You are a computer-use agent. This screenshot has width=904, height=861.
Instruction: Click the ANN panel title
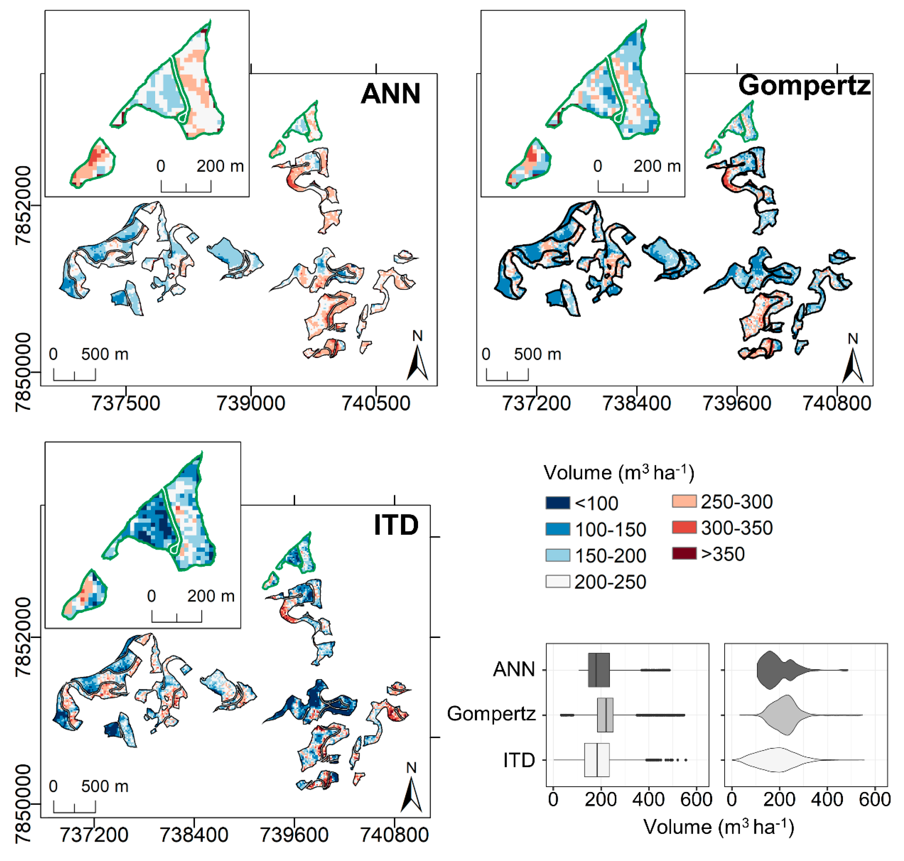[390, 94]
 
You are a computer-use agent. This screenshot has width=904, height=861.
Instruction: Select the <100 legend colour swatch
[558, 503]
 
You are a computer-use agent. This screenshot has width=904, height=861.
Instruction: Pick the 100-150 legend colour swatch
[558, 529]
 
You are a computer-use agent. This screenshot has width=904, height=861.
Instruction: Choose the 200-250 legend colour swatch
[558, 581]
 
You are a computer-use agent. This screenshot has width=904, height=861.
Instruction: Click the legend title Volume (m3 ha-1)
[618, 473]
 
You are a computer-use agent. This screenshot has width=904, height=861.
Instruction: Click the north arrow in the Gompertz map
[853, 365]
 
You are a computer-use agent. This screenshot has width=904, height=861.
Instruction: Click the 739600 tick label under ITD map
[294, 835]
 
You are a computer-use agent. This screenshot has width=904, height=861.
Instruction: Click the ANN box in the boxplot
[599, 670]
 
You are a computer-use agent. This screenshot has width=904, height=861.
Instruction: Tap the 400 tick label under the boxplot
[648, 799]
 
